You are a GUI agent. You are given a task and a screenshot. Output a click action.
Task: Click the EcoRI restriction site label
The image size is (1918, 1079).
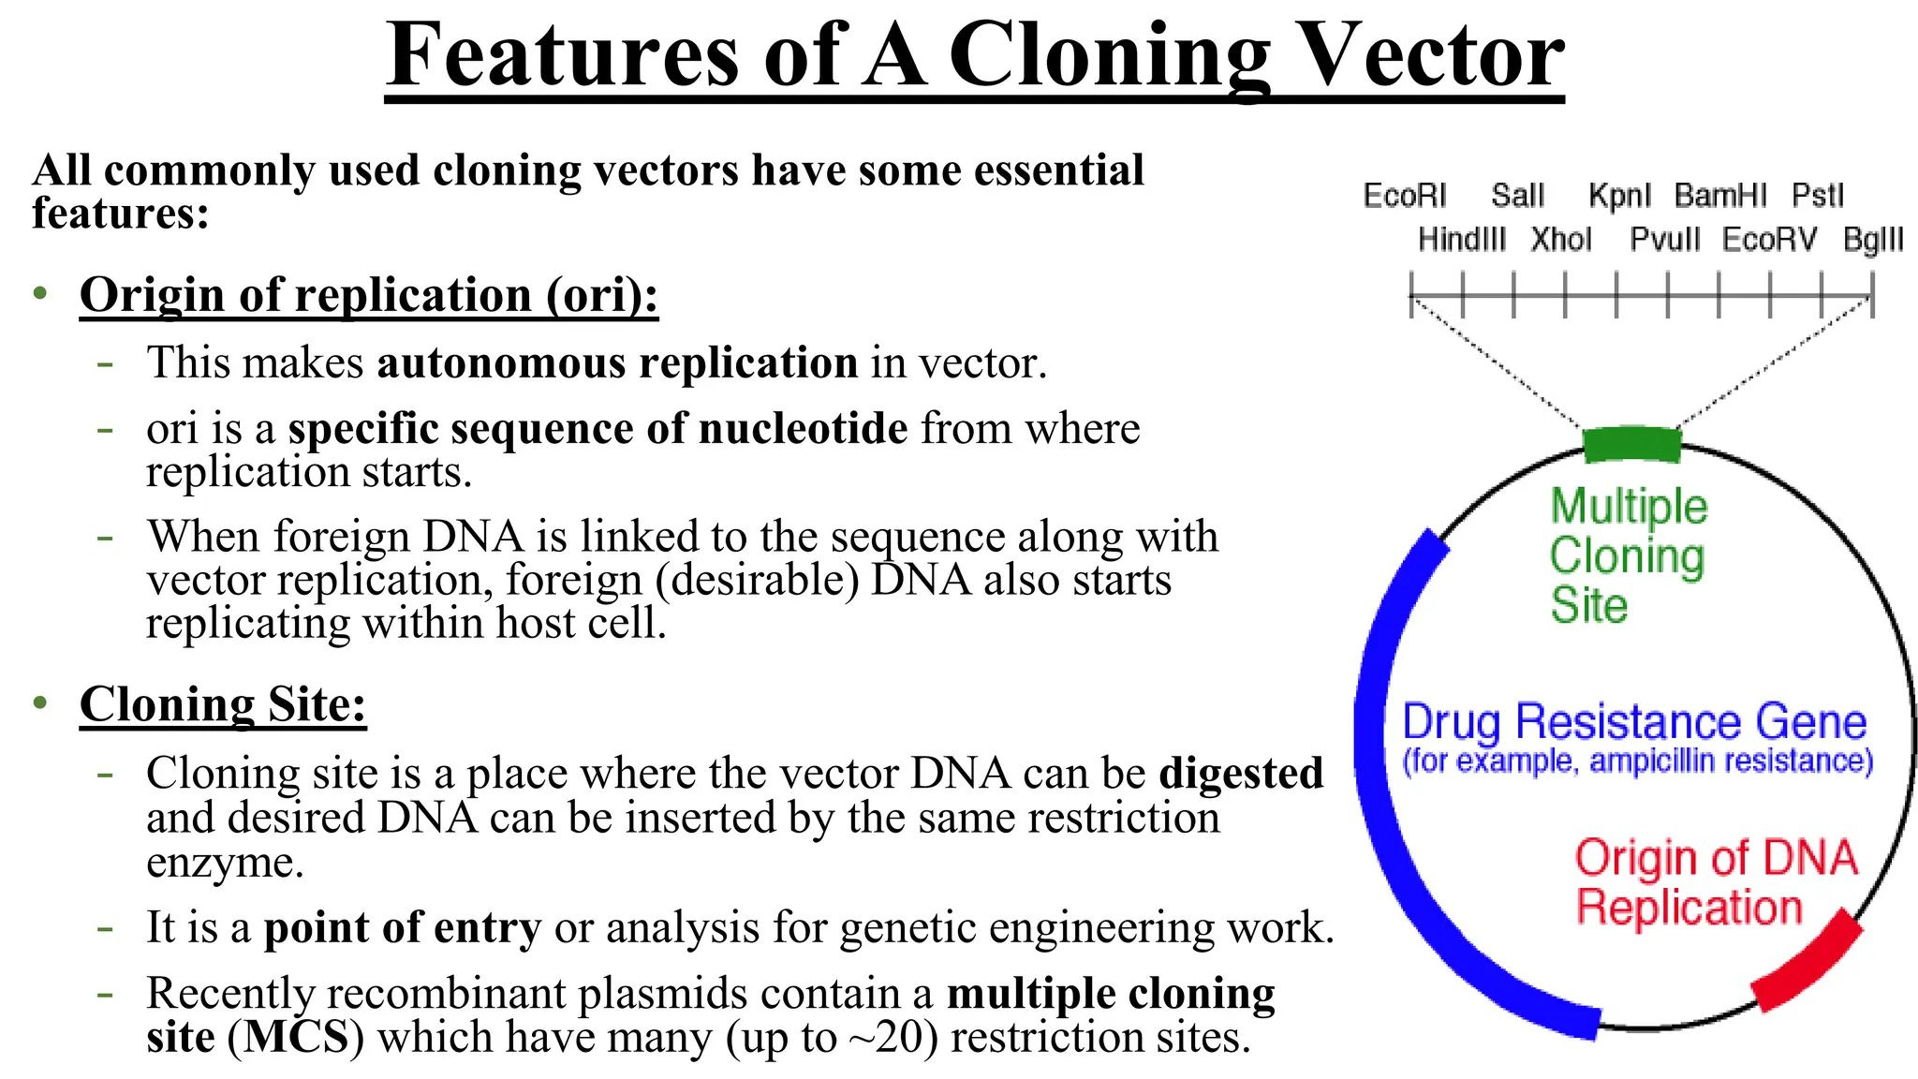tap(1404, 196)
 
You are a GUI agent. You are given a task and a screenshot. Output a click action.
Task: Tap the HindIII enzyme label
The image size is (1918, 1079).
tap(1461, 240)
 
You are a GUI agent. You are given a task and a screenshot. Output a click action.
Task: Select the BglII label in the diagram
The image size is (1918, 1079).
tap(1872, 240)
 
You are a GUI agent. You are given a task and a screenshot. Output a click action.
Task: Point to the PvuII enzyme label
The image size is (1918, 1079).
tap(1664, 240)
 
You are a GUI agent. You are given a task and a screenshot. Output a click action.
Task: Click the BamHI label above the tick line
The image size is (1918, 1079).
tap(1719, 196)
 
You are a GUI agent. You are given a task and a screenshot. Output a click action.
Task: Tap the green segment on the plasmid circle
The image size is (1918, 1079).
tap(1631, 444)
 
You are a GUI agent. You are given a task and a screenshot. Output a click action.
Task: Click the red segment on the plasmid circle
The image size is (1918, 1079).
tap(1807, 962)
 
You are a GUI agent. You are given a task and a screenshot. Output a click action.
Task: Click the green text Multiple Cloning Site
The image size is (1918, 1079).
tap(1627, 555)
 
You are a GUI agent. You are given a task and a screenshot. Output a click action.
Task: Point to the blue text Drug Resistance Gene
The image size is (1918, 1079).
tap(1634, 722)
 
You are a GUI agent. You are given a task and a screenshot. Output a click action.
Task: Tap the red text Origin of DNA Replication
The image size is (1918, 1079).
tap(1714, 882)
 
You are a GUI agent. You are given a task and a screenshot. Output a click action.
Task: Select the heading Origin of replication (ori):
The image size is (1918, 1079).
tap(369, 295)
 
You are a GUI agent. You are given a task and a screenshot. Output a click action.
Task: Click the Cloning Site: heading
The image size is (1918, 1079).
tap(223, 704)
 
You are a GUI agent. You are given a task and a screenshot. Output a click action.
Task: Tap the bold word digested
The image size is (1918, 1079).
tap(1241, 774)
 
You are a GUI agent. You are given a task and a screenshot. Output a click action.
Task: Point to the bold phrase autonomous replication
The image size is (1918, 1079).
tap(617, 362)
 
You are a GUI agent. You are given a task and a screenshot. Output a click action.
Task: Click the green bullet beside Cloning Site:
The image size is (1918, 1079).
tap(39, 702)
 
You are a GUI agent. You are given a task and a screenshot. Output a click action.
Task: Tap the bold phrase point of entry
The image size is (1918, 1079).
tap(403, 927)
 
